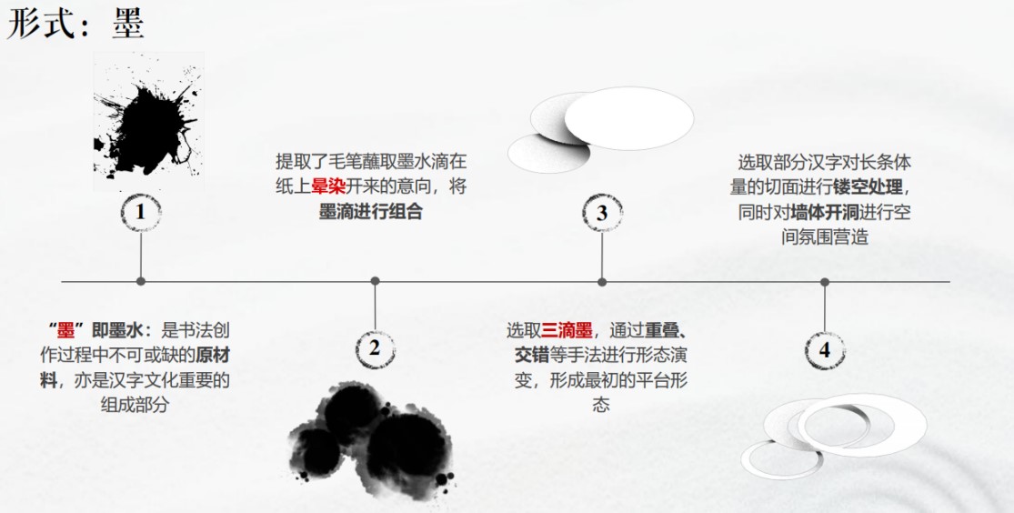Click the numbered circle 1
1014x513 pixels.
pos(140,212)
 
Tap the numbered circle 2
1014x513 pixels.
pos(374,348)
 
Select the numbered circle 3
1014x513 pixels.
pos(601,213)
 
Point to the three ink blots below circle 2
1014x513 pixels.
pos(373,437)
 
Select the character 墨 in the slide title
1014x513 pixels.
pos(128,25)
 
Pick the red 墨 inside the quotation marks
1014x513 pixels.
pos(65,331)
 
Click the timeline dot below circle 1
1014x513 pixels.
pos(140,281)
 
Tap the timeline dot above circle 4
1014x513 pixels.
pos(824,282)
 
